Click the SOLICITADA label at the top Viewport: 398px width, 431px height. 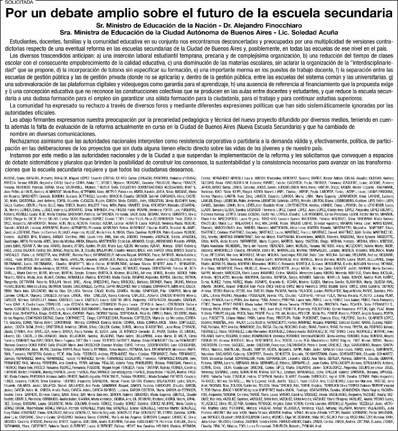pos(16,3)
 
